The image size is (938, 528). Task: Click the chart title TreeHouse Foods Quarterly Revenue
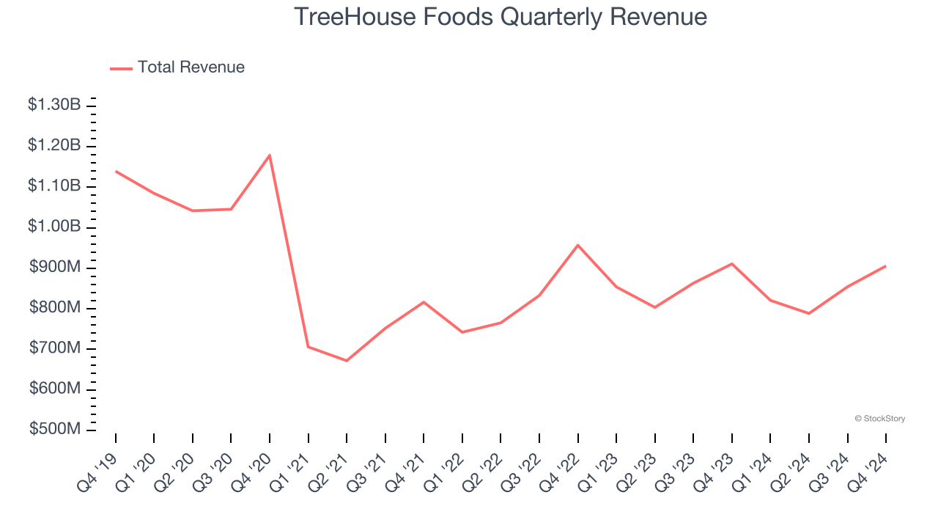pyautogui.click(x=501, y=16)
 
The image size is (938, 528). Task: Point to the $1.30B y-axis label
pyautogui.click(x=55, y=105)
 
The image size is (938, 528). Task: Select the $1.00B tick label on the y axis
pyautogui.click(x=55, y=227)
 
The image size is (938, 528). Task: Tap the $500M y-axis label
pyautogui.click(x=55, y=428)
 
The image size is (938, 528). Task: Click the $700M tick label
pyautogui.click(x=55, y=348)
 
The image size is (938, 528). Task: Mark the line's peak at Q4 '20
pyautogui.click(x=270, y=155)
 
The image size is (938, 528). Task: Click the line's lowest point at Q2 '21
pyautogui.click(x=347, y=361)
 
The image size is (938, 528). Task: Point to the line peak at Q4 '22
pyautogui.click(x=577, y=245)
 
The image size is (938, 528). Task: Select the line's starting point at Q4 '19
pyautogui.click(x=116, y=172)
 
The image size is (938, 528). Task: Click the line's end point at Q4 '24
pyautogui.click(x=885, y=266)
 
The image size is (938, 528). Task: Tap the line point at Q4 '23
pyautogui.click(x=731, y=264)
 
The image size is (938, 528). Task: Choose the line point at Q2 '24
pyautogui.click(x=808, y=313)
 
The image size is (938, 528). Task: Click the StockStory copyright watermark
pyautogui.click(x=879, y=419)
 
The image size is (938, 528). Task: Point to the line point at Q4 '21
pyautogui.click(x=424, y=302)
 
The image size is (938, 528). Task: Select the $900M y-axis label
pyautogui.click(x=55, y=267)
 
